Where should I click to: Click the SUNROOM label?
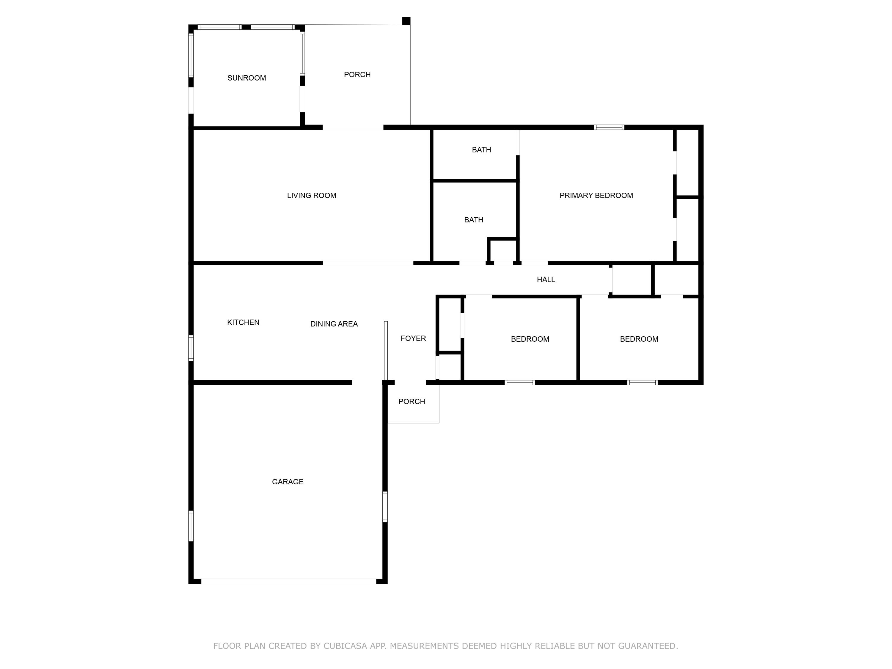point(246,78)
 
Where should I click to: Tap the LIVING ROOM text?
point(311,196)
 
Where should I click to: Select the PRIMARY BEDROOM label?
point(596,196)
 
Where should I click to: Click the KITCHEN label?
point(243,322)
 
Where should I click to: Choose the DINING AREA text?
point(334,324)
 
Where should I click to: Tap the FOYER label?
point(413,338)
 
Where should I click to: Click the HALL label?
point(546,279)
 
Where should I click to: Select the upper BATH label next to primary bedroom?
point(481,150)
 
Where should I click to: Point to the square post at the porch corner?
point(406,21)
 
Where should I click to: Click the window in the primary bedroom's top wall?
point(609,128)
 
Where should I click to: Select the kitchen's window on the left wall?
point(191,348)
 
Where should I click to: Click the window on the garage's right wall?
point(385,507)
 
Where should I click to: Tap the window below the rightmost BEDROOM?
point(642,383)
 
